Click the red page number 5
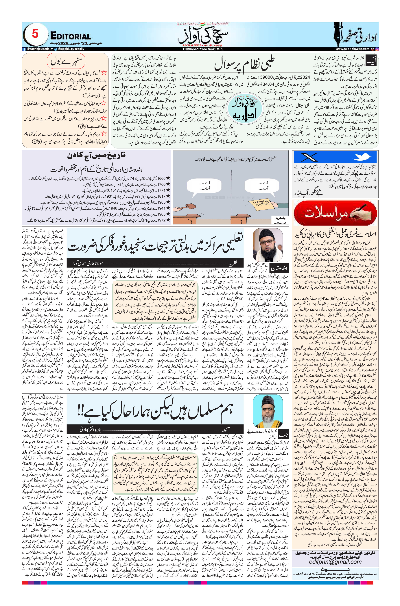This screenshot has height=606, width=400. [x=35, y=34]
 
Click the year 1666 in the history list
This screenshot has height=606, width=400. [x=161, y=179]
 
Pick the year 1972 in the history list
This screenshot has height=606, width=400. [x=161, y=220]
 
